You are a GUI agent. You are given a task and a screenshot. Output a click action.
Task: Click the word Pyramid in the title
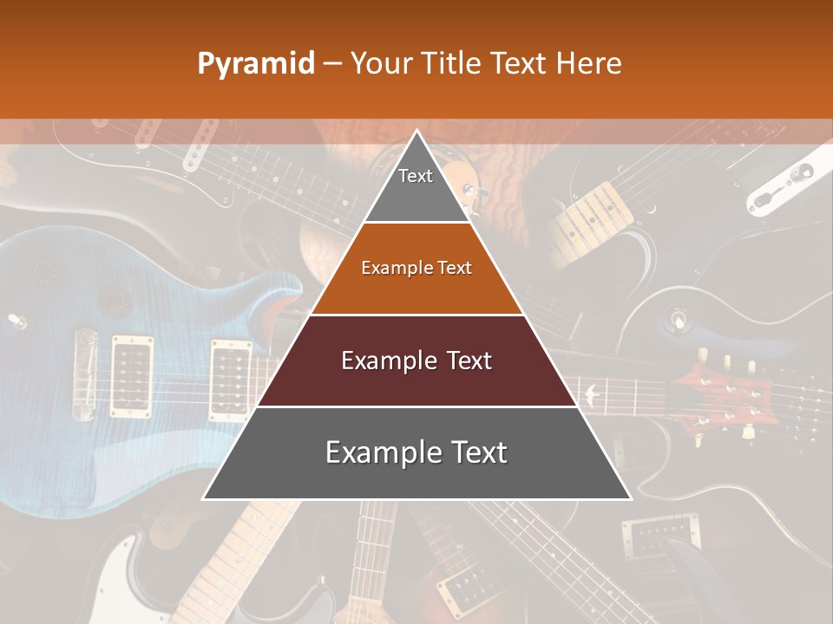[256, 64]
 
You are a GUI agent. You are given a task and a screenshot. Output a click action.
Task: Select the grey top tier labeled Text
[416, 186]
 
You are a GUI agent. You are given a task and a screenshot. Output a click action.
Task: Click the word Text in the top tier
[416, 176]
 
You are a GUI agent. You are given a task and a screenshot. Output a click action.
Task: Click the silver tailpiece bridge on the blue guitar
[85, 373]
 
